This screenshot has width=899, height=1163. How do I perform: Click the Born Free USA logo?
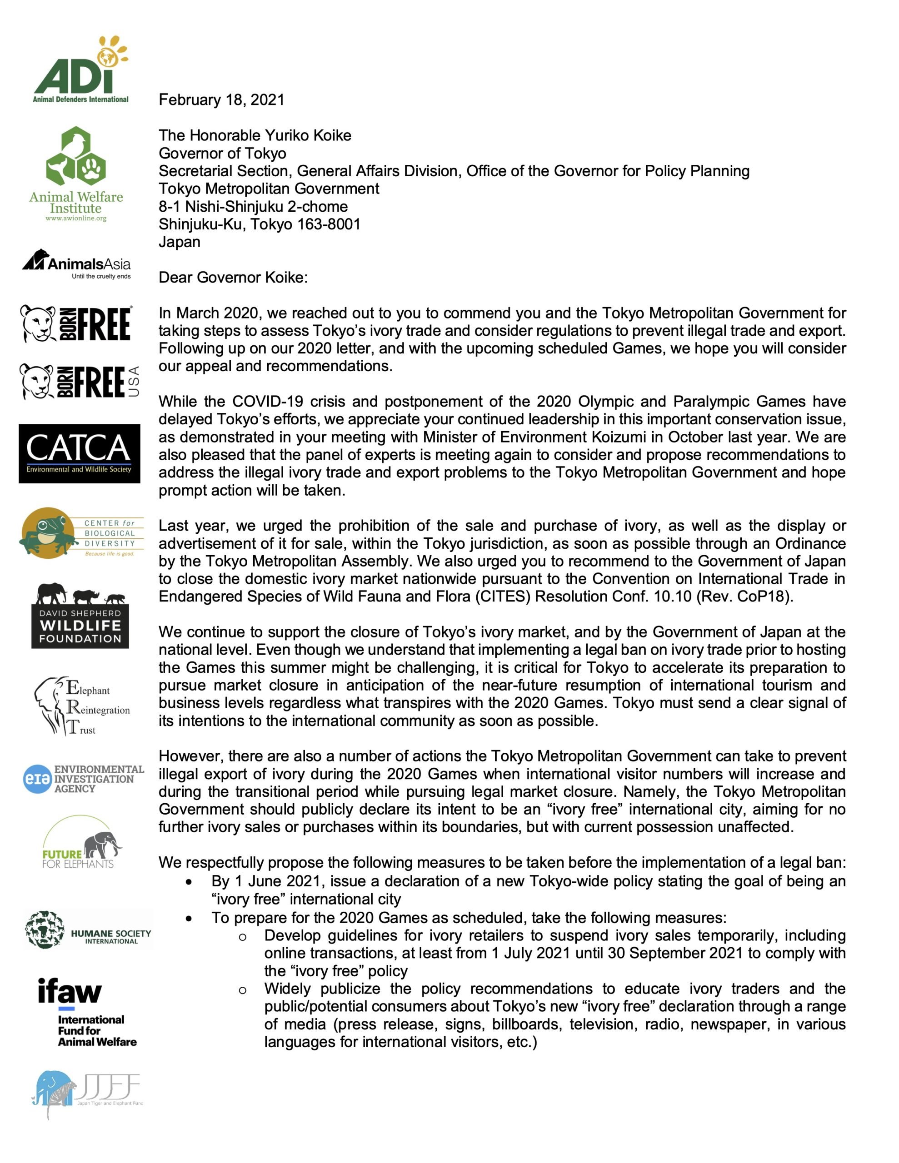point(80,381)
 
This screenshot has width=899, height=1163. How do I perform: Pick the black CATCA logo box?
point(80,454)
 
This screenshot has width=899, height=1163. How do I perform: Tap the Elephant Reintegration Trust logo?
point(82,706)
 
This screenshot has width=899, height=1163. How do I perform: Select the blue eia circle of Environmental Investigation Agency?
point(36,779)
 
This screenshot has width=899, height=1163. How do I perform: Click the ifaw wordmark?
point(69,992)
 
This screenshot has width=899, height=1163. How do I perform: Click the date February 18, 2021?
point(221,100)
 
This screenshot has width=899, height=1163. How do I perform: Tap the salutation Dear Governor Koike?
point(233,278)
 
